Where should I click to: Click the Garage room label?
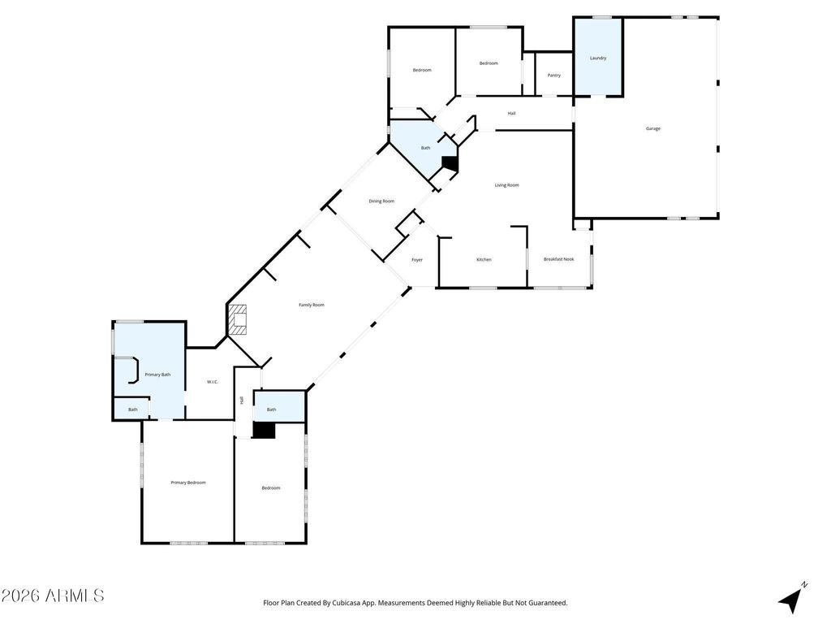[652, 128]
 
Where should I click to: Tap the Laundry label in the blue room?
[598, 58]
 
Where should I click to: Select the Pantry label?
[553, 76]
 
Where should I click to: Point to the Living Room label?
[506, 185]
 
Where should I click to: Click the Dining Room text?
[381, 201]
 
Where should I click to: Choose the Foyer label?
[416, 260]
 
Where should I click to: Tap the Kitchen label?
[484, 260]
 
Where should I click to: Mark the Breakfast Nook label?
[558, 259]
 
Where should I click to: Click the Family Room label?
[312, 305]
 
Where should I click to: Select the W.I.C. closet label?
[213, 382]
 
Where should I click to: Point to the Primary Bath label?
[157, 375]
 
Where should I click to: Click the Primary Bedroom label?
[188, 483]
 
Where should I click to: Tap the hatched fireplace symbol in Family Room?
[237, 320]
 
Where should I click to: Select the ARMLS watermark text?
[53, 596]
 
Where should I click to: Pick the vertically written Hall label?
[242, 400]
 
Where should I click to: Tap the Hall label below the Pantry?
[511, 114]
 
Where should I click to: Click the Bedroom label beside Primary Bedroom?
[270, 487]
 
